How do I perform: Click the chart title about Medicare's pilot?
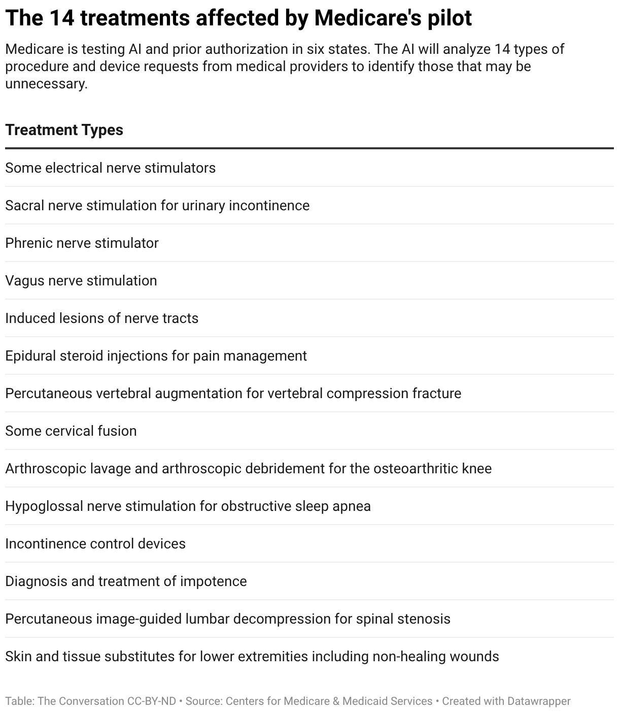[238, 18]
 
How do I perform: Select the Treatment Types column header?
[64, 130]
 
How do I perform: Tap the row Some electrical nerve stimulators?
[111, 168]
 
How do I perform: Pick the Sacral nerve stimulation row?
[157, 206]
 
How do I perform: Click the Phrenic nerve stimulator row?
[82, 243]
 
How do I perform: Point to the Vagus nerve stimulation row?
[81, 281]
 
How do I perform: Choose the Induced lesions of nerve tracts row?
[101, 318]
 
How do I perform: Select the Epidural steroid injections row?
[156, 356]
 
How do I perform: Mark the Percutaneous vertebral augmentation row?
[233, 394]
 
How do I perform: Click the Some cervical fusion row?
[71, 431]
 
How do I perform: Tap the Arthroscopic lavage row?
[248, 469]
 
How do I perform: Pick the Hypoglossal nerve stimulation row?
[188, 506]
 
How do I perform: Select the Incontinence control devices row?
[95, 544]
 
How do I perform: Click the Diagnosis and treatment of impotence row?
[126, 581]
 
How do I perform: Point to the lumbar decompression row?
[228, 619]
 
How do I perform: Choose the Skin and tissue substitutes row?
[252, 657]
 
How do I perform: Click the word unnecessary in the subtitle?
[46, 84]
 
